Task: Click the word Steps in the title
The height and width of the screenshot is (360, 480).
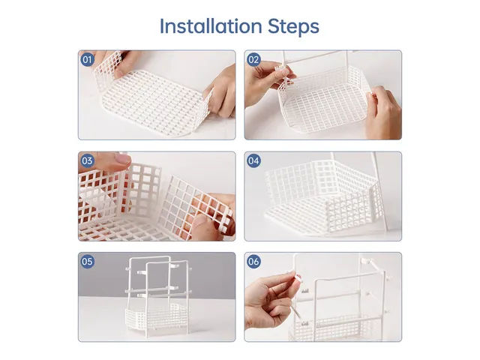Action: (x=293, y=26)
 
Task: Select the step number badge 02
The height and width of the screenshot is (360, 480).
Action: (x=253, y=59)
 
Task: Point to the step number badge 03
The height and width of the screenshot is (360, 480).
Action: (x=88, y=160)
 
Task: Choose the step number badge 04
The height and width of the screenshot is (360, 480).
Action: (x=253, y=160)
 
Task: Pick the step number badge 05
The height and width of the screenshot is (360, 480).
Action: (x=88, y=262)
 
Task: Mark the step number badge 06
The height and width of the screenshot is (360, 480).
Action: (x=253, y=262)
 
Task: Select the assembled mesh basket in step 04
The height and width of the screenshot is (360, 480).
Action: (x=319, y=195)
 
